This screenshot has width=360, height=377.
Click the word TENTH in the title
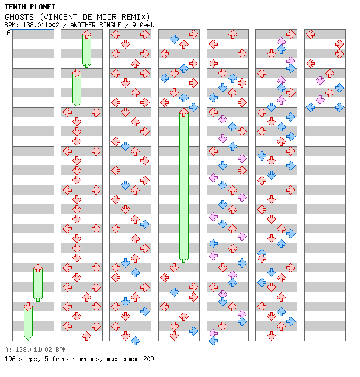[x=15, y=7]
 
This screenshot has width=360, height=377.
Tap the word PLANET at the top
[x=43, y=7]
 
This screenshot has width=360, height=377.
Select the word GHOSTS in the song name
[x=19, y=17]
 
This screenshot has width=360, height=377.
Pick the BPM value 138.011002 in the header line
[x=41, y=25]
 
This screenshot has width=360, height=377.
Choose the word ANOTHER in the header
[x=83, y=25]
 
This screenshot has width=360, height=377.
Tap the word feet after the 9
[x=147, y=25]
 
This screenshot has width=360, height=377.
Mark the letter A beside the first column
[x=9, y=32]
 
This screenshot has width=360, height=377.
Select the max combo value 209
[x=148, y=359]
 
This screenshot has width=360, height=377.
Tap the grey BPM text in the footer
[x=61, y=350]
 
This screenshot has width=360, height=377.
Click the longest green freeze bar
[x=184, y=185]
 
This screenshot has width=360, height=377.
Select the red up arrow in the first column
[x=38, y=268]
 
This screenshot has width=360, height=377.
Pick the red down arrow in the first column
[x=28, y=306]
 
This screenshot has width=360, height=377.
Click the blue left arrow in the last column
[x=311, y=107]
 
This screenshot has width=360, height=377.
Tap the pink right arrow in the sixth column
[x=291, y=61]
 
